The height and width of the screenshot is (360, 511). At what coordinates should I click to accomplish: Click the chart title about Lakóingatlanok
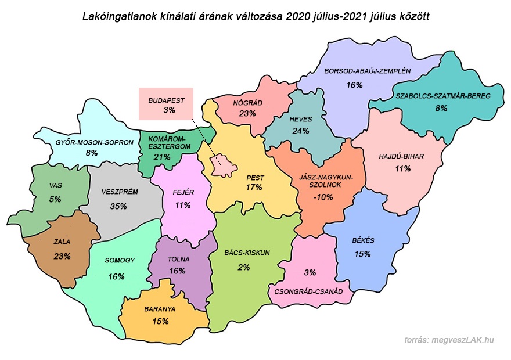[x=256, y=17]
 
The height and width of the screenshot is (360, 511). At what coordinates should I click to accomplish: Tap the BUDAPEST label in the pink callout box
[x=166, y=100]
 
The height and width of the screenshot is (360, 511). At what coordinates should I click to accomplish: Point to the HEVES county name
[x=301, y=119]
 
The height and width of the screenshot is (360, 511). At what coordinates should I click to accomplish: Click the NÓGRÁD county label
[x=248, y=103]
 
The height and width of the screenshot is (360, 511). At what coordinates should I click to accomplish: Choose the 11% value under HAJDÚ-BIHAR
[x=402, y=169]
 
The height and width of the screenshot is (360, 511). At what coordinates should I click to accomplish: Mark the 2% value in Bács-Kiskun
[x=243, y=267]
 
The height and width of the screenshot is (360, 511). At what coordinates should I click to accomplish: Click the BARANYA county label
[x=161, y=309]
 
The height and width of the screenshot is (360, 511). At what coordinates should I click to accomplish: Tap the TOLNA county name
[x=178, y=260]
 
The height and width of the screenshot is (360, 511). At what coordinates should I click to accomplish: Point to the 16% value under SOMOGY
[x=116, y=276]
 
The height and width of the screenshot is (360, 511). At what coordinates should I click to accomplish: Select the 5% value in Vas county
[x=55, y=199]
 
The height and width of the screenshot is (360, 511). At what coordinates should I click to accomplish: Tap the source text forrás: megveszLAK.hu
[x=449, y=340]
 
